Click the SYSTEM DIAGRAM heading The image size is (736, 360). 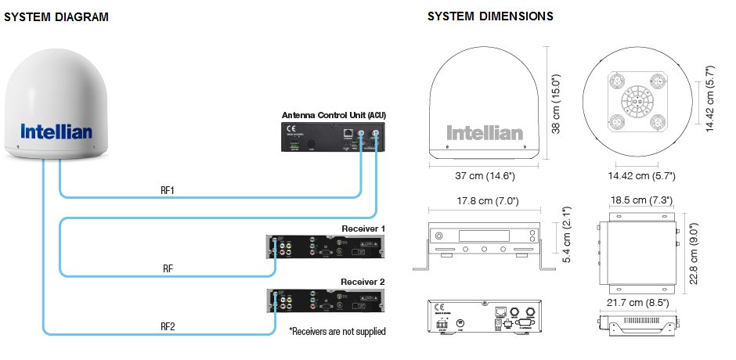click(56, 16)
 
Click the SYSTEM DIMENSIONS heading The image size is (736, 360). click(490, 16)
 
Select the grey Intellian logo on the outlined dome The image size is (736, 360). click(484, 133)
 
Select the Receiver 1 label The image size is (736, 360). click(363, 229)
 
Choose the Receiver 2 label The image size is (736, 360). click(363, 282)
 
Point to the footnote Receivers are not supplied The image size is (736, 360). click(337, 332)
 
